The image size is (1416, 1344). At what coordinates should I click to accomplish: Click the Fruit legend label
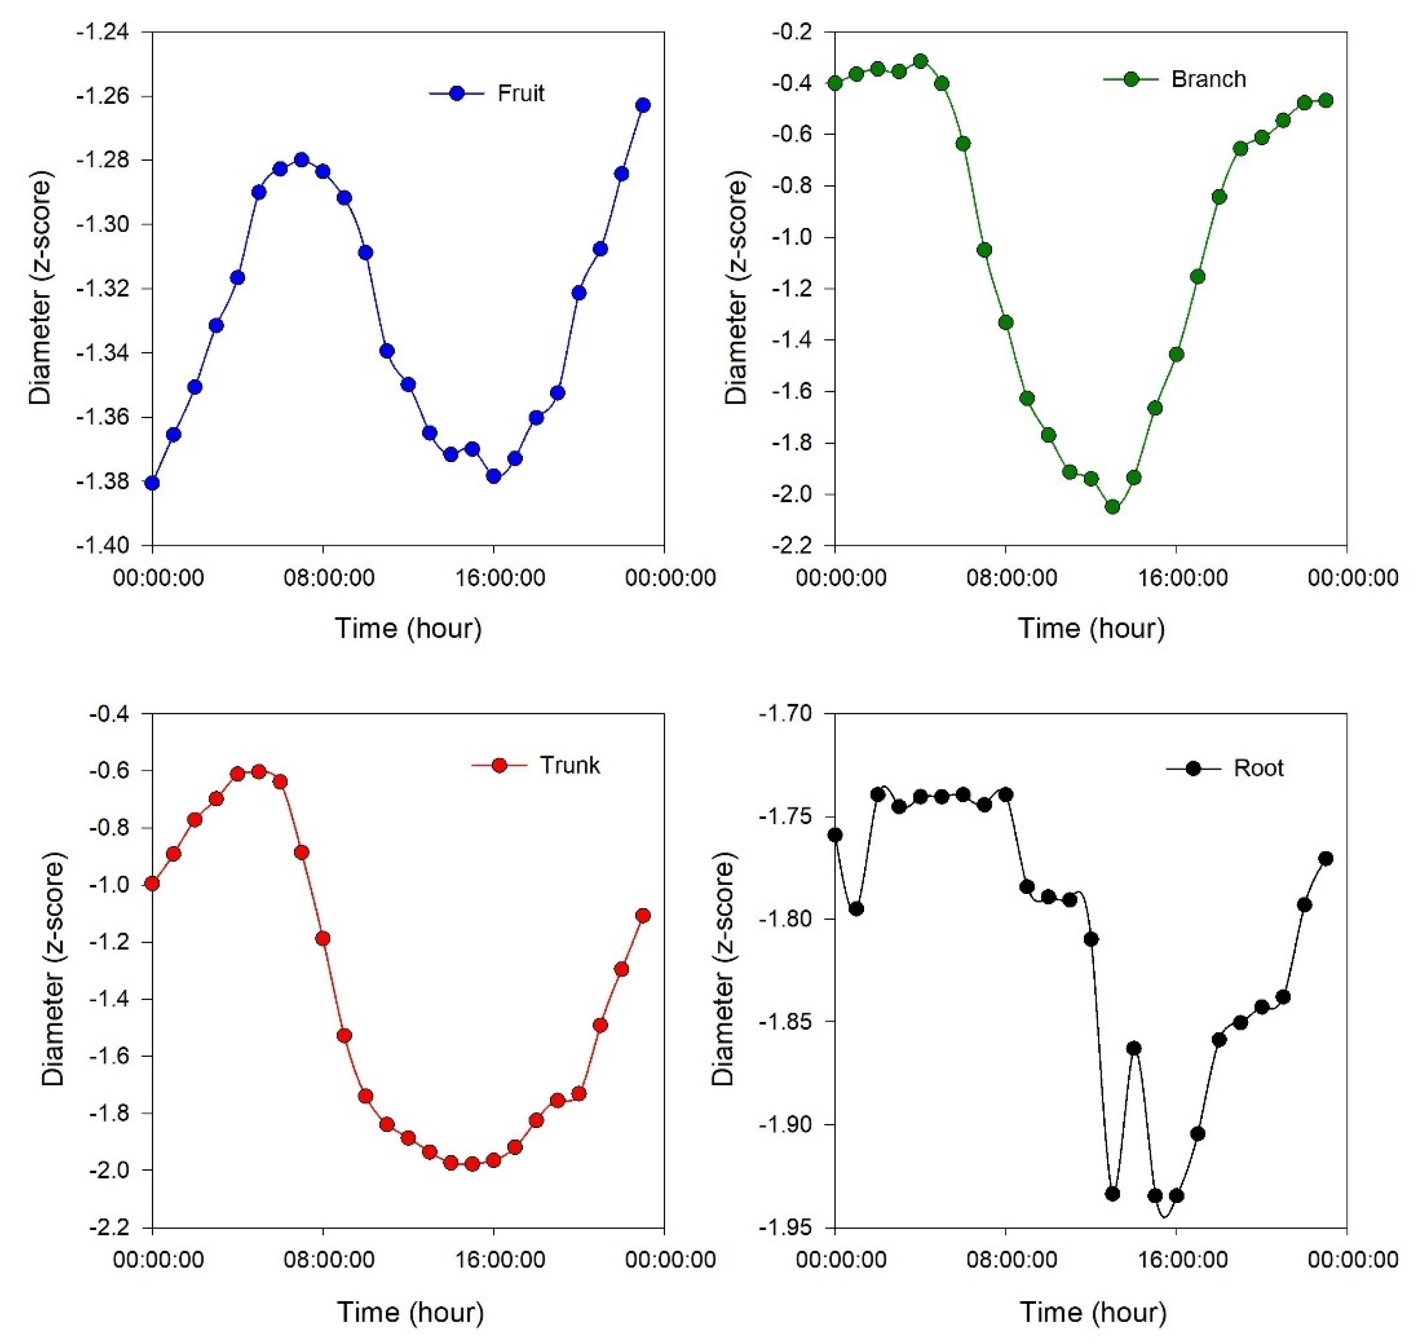pyautogui.click(x=521, y=93)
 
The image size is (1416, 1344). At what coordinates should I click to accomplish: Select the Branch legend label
pyautogui.click(x=1208, y=79)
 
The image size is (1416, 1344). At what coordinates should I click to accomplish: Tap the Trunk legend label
pyautogui.click(x=569, y=765)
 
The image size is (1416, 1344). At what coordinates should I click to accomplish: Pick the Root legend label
pyautogui.click(x=1258, y=768)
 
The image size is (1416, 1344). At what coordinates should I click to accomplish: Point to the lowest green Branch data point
pyautogui.click(x=1112, y=507)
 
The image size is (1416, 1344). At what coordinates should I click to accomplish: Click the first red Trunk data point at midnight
pyautogui.click(x=152, y=883)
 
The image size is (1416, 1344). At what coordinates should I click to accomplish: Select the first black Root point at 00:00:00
pyautogui.click(x=835, y=835)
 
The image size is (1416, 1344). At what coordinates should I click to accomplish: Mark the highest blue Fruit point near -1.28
pyautogui.click(x=301, y=159)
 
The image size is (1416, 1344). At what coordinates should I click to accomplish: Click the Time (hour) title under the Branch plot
pyautogui.click(x=1091, y=628)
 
